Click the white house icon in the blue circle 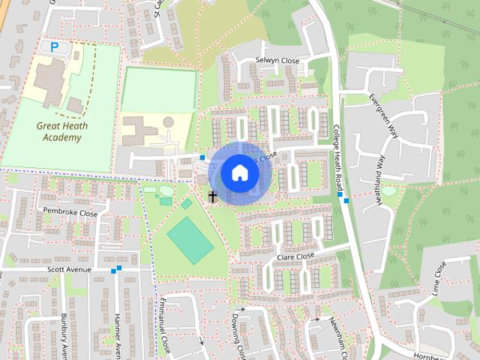tap(239, 172)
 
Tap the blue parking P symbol tap(55, 46)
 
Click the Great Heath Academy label tap(61, 132)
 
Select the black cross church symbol tap(213, 197)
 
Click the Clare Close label tap(295, 256)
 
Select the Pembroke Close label tap(70, 213)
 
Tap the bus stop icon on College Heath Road tap(341, 196)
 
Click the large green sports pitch tap(190, 240)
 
